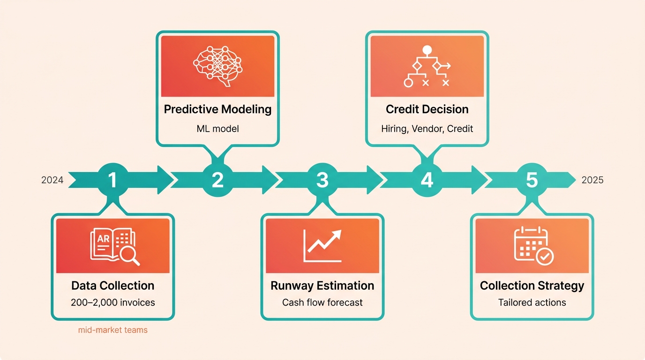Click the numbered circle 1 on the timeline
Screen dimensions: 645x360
point(112,180)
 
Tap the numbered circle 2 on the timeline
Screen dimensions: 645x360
point(217,180)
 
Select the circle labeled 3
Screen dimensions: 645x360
point(322,180)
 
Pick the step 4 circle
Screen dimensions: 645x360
point(427,180)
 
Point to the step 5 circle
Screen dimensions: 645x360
point(532,180)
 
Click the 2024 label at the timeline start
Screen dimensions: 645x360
point(52,180)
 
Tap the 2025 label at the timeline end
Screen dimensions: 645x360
point(592,180)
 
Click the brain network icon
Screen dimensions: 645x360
point(217,66)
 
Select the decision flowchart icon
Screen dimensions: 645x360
point(427,66)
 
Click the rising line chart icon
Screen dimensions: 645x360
point(322,246)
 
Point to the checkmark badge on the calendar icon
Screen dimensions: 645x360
point(545,256)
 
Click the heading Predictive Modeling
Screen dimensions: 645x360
point(217,109)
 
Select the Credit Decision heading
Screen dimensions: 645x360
point(427,109)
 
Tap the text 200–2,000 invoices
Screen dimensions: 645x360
point(113,302)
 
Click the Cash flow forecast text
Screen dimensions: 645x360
point(322,302)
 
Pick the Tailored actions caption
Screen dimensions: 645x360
point(532,302)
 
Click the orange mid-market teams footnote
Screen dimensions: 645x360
point(113,330)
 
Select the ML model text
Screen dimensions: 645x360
point(217,128)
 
